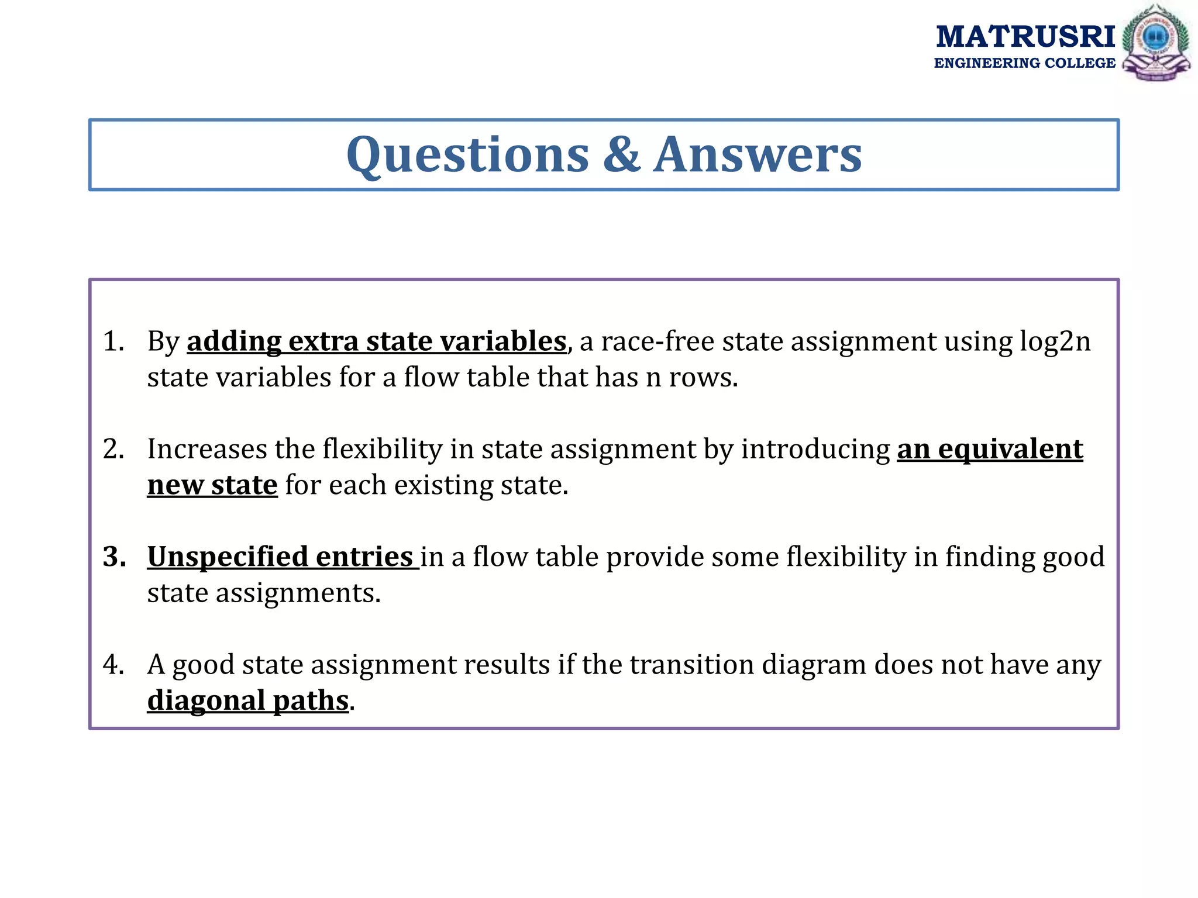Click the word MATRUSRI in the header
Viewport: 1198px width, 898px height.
[1025, 37]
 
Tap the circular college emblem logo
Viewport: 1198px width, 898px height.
[1155, 42]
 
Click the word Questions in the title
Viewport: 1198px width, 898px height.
[467, 155]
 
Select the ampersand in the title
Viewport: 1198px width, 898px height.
[621, 155]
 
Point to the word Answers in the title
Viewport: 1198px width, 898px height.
[758, 155]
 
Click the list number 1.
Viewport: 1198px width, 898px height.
[113, 341]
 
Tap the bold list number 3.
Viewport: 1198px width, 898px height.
[114, 557]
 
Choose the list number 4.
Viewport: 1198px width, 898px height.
[113, 665]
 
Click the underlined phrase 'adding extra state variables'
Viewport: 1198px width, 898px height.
[376, 341]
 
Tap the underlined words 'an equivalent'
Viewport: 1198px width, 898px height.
[990, 449]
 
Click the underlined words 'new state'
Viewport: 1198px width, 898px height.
[212, 485]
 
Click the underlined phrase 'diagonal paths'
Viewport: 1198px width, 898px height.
[248, 700]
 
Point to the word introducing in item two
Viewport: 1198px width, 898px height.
[815, 449]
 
